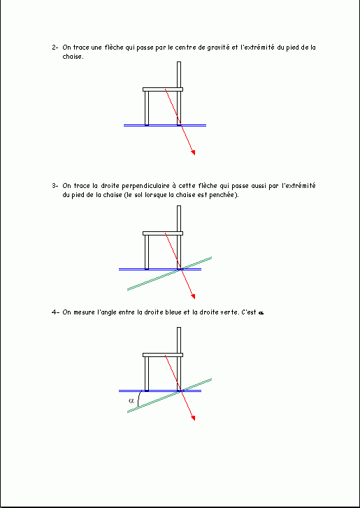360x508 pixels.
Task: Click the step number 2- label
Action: point(55,48)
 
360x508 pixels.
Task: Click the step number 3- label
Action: point(55,186)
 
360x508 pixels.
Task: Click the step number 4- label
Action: point(55,312)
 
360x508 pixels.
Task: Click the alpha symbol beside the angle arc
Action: point(131,400)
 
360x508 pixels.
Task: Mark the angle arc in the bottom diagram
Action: point(138,399)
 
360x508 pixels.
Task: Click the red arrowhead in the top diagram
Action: point(193,152)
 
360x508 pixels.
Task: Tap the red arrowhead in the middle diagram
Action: point(193,296)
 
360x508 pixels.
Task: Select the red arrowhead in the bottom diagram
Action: point(193,418)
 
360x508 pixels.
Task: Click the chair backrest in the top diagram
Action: point(179,75)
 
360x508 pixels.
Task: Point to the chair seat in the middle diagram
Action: point(163,233)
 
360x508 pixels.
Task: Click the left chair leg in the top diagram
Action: point(147,108)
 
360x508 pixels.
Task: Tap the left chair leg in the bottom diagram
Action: point(147,374)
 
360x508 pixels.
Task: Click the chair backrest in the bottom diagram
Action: point(179,340)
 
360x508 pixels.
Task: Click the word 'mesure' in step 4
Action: point(85,312)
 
